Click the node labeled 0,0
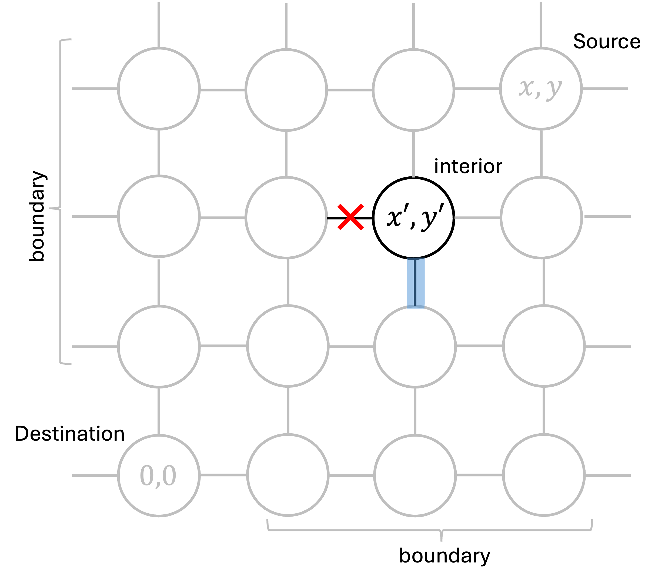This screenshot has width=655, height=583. point(159,475)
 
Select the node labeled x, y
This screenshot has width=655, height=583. point(541,89)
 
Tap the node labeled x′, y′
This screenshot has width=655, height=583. point(413,218)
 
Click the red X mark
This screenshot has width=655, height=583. point(350,217)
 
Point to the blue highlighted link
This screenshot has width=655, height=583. point(416,283)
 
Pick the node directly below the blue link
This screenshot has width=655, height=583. point(415,347)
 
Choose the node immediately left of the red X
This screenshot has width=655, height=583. point(286,218)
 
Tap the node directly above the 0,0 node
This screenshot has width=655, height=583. point(159,347)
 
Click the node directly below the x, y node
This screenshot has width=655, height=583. point(541,218)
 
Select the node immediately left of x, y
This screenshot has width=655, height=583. point(413,90)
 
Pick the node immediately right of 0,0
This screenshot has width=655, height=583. point(288,475)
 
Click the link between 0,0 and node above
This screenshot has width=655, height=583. point(159,411)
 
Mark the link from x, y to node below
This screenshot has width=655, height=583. point(541,153)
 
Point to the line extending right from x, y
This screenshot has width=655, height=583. point(605,89)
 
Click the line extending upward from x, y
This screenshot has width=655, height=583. point(541,24)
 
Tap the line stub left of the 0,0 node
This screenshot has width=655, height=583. point(95,476)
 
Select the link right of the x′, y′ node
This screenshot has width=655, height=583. point(477,218)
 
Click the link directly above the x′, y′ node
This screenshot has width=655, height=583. point(414,155)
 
